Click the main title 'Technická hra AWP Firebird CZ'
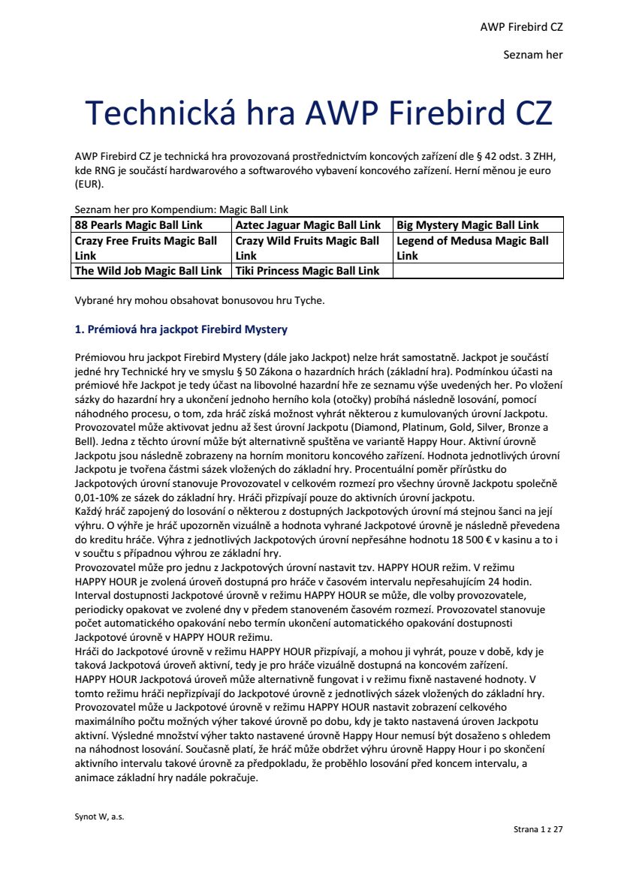319,113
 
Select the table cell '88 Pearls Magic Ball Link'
139,225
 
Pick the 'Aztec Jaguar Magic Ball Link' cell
308,225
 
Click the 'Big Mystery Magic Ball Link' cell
467,225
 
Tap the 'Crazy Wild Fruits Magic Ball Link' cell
308,248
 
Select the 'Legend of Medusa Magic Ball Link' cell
473,248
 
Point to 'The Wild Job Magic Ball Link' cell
149,271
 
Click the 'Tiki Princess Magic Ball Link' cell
308,271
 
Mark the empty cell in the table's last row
478,271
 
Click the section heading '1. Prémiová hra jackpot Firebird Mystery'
181,329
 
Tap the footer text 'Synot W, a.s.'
99,816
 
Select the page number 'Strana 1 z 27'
538,830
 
